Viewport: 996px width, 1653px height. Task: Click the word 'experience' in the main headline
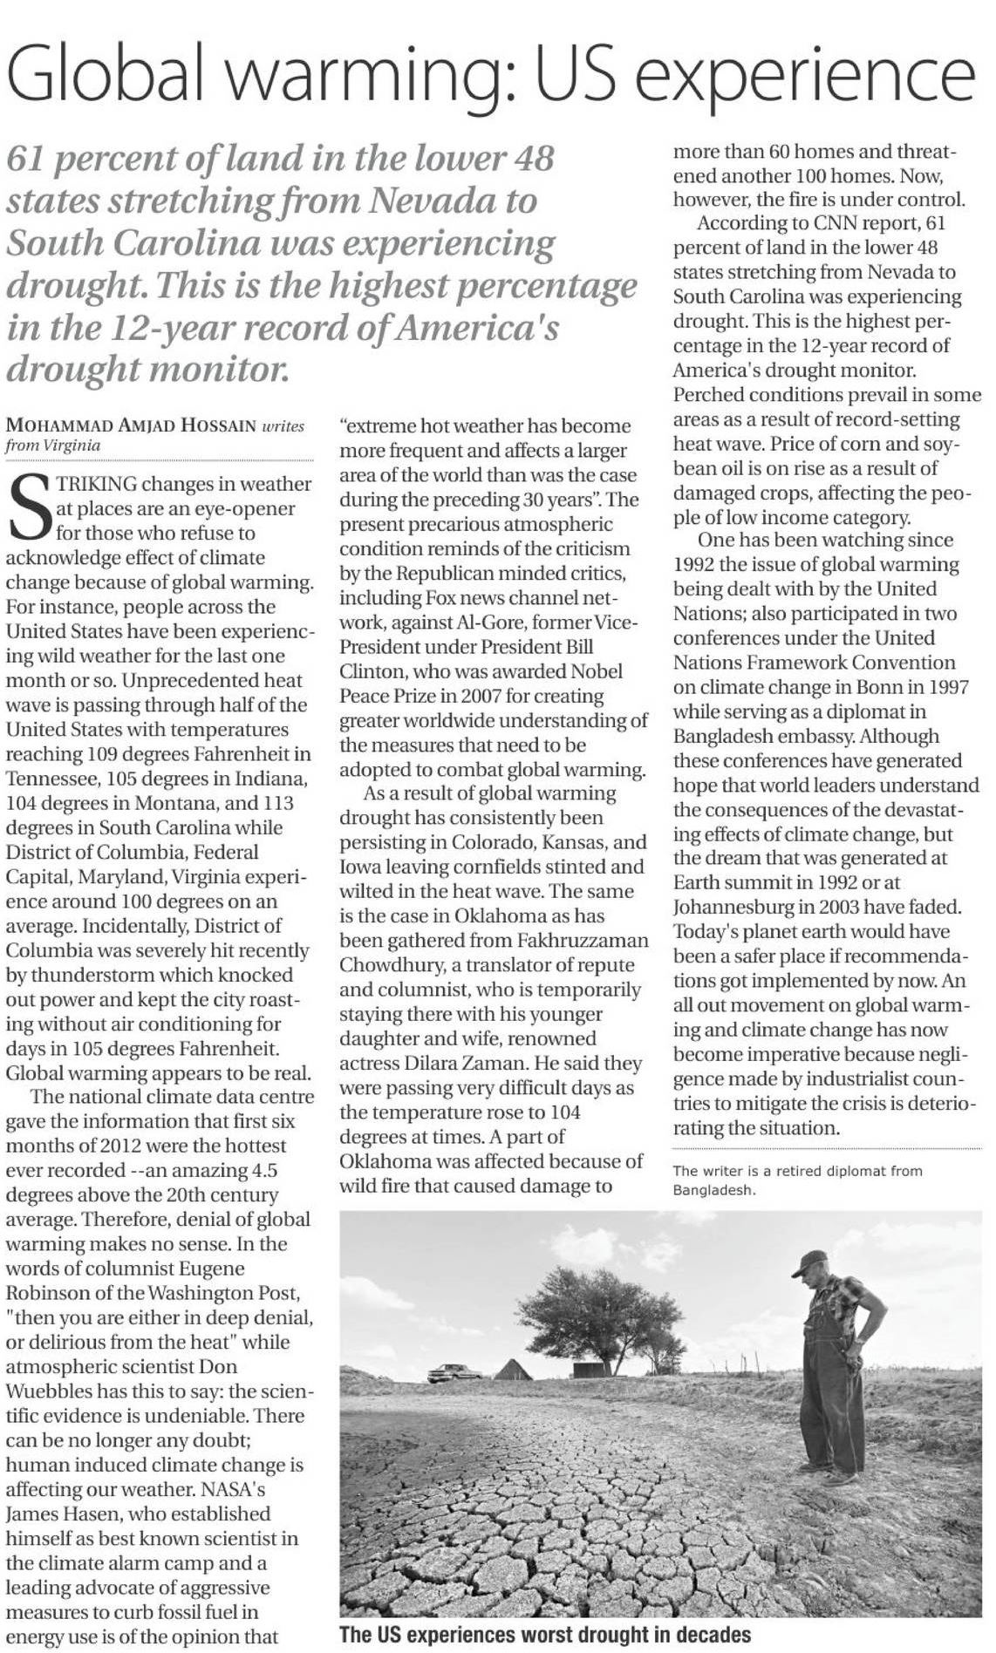tap(808, 76)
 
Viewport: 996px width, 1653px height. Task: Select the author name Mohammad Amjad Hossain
tap(131, 426)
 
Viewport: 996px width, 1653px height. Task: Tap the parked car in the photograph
tap(452, 1373)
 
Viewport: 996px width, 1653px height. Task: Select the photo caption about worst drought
tap(545, 1634)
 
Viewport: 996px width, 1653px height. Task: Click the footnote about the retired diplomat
tap(797, 1180)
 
